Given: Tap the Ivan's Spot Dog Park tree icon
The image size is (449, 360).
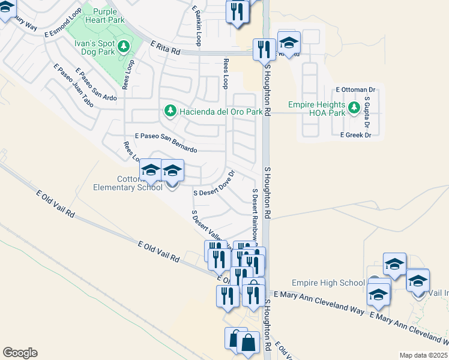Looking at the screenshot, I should (124, 46).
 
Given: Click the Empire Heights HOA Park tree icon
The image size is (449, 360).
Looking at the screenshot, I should (354, 108).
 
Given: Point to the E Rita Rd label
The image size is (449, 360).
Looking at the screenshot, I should (166, 48).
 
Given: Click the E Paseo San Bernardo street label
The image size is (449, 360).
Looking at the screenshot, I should (166, 142).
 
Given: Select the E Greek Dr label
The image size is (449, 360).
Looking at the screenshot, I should (355, 135).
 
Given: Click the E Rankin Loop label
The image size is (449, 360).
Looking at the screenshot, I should (196, 25).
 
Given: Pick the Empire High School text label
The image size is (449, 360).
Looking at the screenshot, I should (328, 283).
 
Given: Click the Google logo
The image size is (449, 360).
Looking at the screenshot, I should (20, 353).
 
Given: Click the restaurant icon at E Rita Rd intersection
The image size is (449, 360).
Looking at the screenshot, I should (264, 49).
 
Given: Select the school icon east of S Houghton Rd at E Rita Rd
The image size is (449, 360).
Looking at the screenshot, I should (289, 43).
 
